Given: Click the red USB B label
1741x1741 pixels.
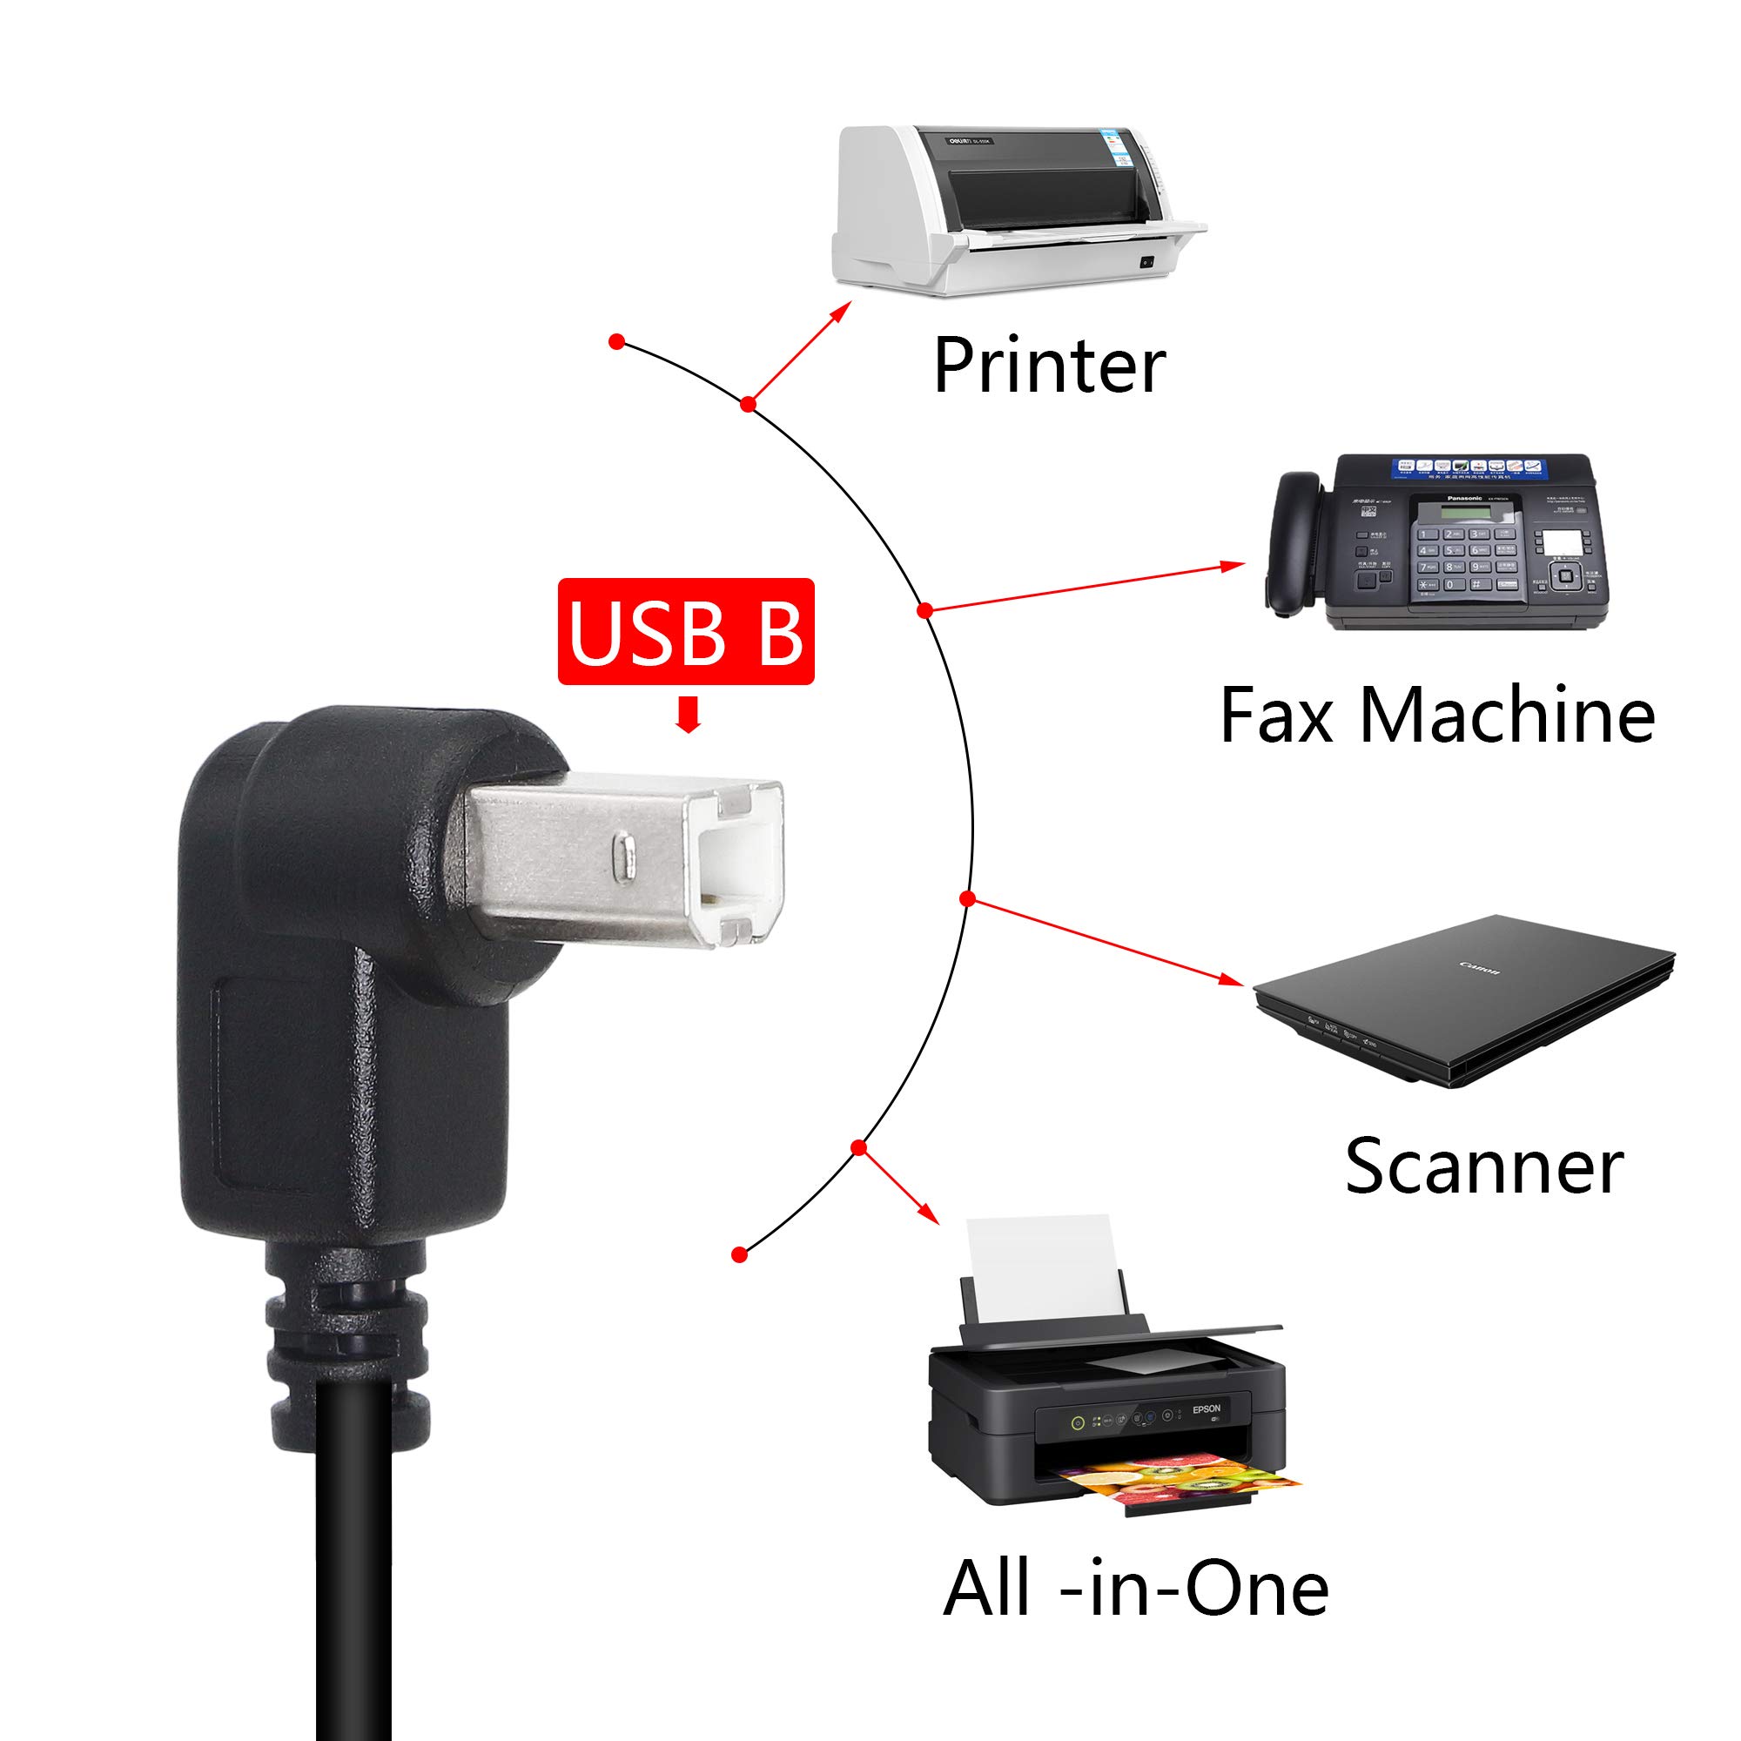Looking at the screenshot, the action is [x=686, y=632].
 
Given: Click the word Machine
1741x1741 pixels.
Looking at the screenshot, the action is [x=1507, y=716].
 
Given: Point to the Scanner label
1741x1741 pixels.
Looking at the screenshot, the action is [x=1483, y=1166].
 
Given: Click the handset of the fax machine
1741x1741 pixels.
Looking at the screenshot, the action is [x=1295, y=541].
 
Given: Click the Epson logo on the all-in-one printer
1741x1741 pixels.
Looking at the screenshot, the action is [x=1206, y=1408].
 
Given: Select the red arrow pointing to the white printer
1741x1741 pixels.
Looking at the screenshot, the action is [x=800, y=353].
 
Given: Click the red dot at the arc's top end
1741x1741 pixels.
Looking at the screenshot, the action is [x=617, y=341].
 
